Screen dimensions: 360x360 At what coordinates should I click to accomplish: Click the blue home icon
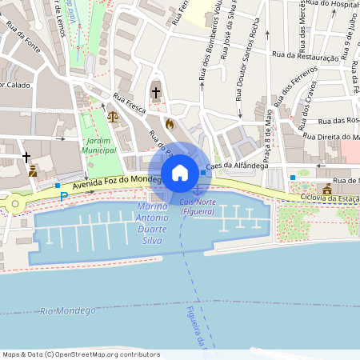coord(180,172)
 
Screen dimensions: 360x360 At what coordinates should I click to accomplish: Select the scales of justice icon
coord(112,117)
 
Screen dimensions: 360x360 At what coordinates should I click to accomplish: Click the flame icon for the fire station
coord(170,124)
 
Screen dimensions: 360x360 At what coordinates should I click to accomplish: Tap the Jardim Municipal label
coord(98,145)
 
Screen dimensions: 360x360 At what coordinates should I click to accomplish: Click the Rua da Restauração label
coord(306,56)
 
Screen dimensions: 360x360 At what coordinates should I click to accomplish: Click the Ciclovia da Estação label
coord(328,198)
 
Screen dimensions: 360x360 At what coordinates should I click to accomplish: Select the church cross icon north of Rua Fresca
coord(155,92)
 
